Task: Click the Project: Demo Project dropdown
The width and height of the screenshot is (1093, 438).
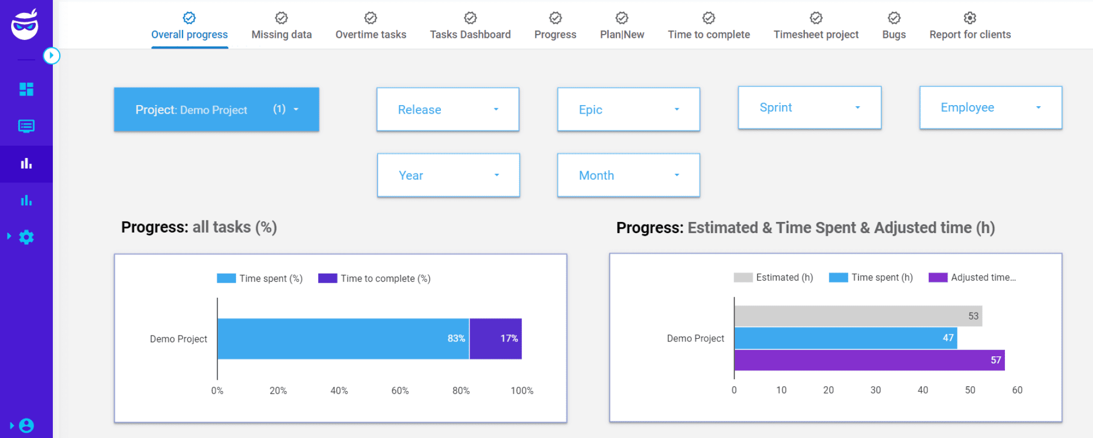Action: [x=216, y=109]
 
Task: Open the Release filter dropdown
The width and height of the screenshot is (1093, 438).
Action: [x=448, y=109]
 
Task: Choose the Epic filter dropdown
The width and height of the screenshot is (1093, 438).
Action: [x=628, y=109]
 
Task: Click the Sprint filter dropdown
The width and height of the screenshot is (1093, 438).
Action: [x=809, y=108]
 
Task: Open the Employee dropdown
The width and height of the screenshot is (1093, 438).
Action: [x=991, y=108]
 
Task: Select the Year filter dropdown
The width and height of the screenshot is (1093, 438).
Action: [x=448, y=176]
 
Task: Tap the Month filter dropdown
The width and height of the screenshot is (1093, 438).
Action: [x=628, y=176]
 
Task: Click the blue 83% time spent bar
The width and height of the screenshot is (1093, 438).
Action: [x=343, y=339]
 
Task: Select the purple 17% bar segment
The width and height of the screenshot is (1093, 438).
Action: [x=495, y=339]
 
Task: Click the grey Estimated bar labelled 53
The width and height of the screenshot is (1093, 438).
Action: [x=858, y=316]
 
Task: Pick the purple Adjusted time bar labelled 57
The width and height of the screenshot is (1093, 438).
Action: [x=869, y=360]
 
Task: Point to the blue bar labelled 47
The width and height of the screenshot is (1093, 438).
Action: [x=845, y=338]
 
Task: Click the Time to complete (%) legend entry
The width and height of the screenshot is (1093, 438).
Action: [x=375, y=278]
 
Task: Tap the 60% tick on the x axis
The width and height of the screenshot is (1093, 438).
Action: [x=400, y=391]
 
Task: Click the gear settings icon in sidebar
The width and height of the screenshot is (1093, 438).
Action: [x=26, y=237]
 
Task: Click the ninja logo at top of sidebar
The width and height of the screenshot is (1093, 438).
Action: [x=25, y=25]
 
